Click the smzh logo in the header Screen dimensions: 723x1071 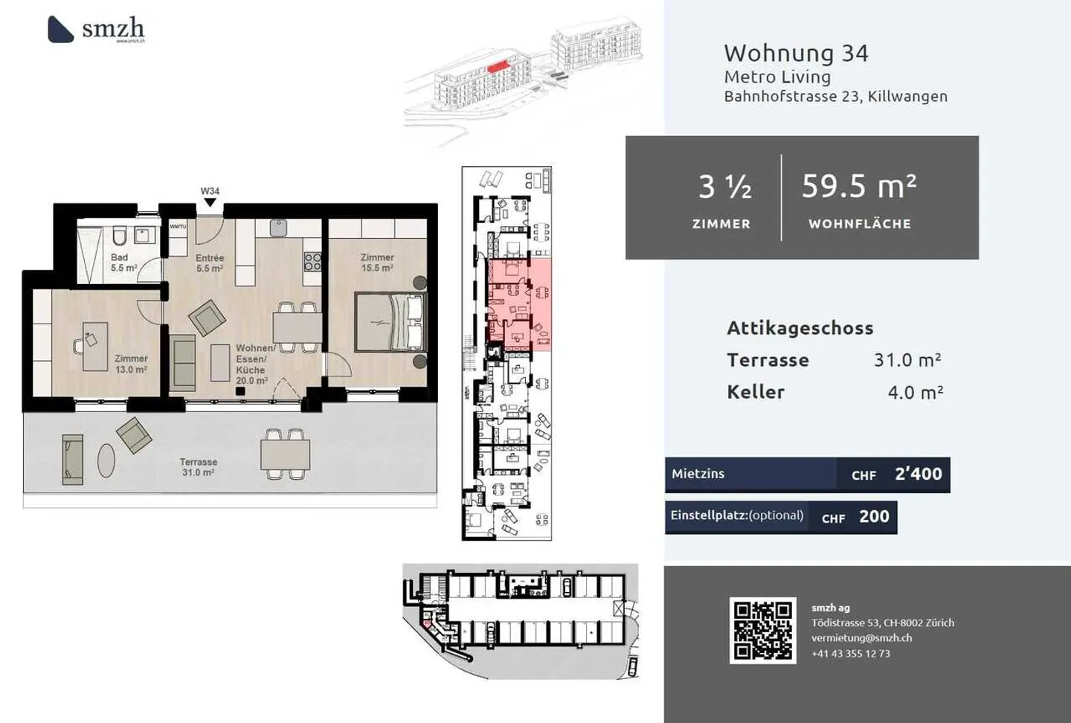(97, 29)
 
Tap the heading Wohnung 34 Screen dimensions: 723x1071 (796, 53)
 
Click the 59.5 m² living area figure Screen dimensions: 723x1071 (859, 186)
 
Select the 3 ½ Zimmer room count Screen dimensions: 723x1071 (724, 187)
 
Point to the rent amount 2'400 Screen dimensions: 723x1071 (918, 474)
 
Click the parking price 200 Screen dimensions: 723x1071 (874, 517)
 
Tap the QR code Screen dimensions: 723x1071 (762, 630)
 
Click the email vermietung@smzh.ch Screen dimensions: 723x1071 (861, 637)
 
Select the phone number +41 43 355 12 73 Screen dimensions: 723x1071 (850, 653)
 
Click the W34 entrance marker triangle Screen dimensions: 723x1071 (210, 202)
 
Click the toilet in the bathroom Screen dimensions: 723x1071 (119, 237)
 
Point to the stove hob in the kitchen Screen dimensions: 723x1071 (312, 261)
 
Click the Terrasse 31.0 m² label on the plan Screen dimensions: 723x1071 (198, 467)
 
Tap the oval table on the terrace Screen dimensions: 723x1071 (106, 460)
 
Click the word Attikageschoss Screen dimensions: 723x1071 (800, 328)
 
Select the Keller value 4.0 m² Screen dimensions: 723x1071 (915, 392)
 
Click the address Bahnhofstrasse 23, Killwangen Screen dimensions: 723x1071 (835, 96)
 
